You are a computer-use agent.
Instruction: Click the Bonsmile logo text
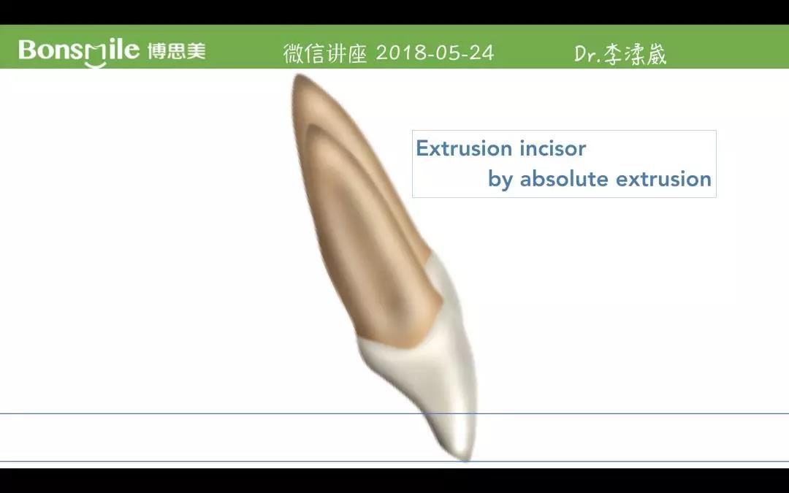(78, 51)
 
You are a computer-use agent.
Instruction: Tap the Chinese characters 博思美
(177, 51)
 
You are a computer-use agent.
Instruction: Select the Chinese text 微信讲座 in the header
(325, 53)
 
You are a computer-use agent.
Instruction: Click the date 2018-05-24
(435, 53)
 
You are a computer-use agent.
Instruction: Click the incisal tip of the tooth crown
(467, 459)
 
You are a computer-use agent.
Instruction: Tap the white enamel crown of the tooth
(443, 372)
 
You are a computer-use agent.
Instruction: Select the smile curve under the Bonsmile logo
(96, 64)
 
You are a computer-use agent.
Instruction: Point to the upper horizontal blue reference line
(394, 413)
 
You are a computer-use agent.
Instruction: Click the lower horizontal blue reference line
(394, 461)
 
